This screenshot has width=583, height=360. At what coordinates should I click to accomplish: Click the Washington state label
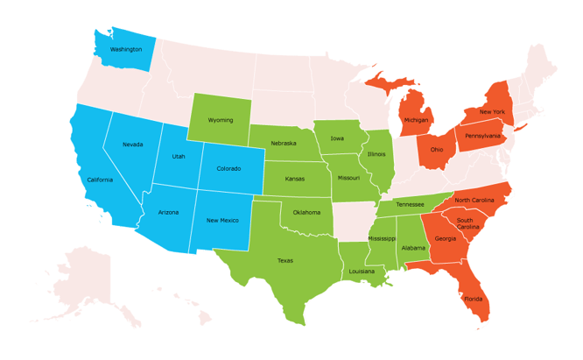(x=126, y=49)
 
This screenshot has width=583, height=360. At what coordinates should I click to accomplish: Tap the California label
(x=100, y=180)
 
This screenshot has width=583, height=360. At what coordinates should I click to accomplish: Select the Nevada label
(x=133, y=145)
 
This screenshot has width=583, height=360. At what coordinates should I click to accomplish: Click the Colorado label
(x=228, y=168)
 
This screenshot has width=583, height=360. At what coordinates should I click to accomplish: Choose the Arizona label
(x=169, y=212)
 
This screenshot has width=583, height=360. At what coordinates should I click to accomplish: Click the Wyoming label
(x=221, y=120)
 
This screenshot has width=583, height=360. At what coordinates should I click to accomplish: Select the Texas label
(x=285, y=260)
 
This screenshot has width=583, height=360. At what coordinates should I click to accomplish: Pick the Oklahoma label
(x=306, y=212)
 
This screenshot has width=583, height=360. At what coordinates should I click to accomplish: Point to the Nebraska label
(x=283, y=143)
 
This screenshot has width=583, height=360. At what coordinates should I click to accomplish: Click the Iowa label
(x=337, y=138)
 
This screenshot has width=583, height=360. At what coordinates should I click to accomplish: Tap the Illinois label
(x=376, y=154)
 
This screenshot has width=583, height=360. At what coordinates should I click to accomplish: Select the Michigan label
(x=416, y=120)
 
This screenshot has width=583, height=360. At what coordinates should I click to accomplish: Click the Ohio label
(x=436, y=150)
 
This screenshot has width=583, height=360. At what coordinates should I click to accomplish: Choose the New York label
(x=492, y=112)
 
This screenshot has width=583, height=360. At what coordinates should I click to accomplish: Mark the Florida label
(x=473, y=299)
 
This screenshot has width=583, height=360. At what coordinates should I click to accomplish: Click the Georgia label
(x=445, y=238)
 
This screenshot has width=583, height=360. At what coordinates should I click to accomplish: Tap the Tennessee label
(x=410, y=204)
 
